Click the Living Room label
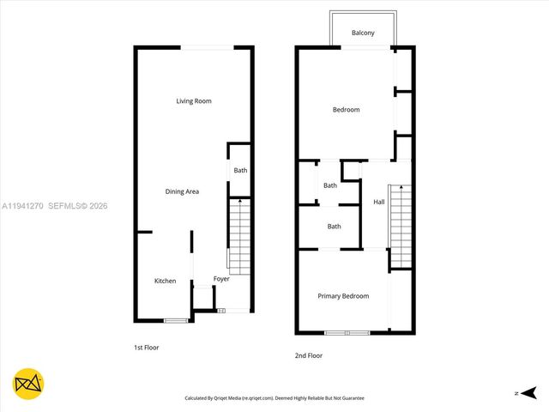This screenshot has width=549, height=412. tap(194, 101)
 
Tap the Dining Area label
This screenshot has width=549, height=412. tap(182, 191)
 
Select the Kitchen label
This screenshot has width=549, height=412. tap(165, 282)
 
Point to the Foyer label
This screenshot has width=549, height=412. tap(221, 279)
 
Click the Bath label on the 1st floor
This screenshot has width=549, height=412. tap(240, 170)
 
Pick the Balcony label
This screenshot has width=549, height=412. tap(363, 33)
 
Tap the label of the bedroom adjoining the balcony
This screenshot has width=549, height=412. tap(346, 110)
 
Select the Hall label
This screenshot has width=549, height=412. tap(378, 202)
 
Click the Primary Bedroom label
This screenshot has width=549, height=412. tap(343, 296)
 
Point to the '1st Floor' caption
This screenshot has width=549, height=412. tap(146, 348)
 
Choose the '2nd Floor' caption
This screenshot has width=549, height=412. tap(309, 355)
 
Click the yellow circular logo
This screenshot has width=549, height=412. tap(28, 383)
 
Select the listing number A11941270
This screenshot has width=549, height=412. tap(22, 206)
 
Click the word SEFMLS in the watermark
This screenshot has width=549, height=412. tap(66, 206)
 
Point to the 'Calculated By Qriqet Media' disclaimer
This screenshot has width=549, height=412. tap(274, 398)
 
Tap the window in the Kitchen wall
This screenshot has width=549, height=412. tap(176, 321)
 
